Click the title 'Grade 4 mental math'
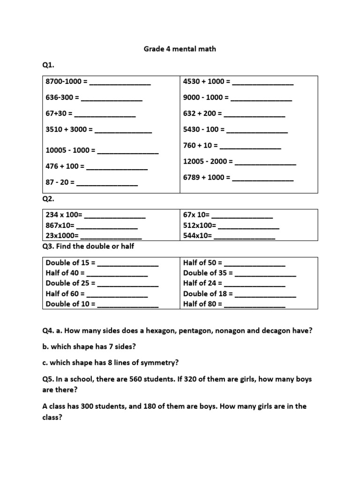click(180, 49)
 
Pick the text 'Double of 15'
click(68, 263)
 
